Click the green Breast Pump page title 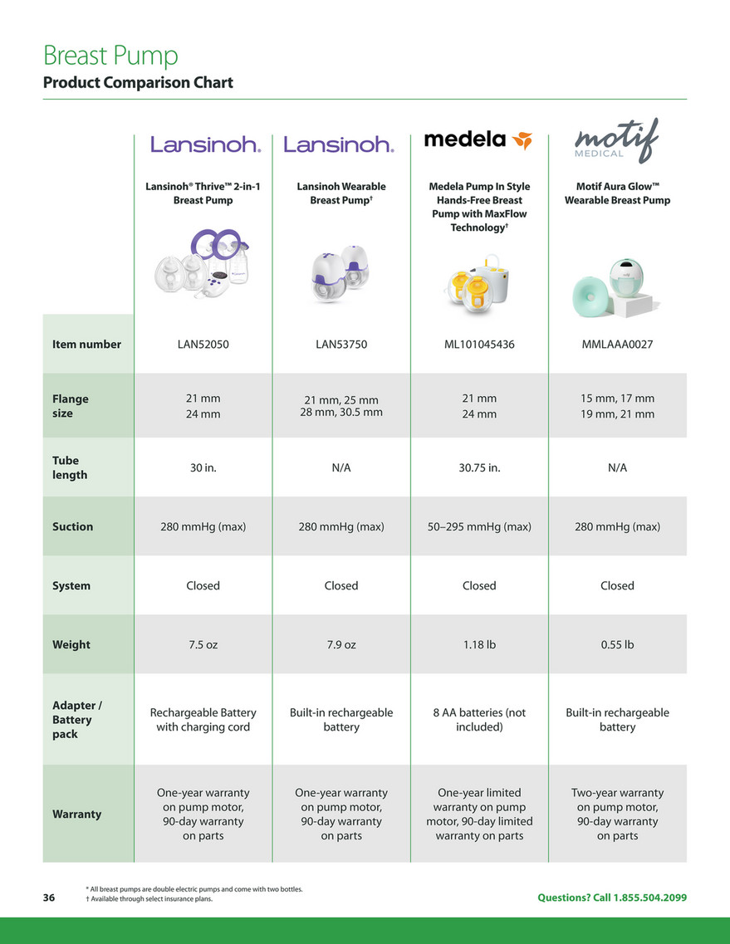tap(110, 56)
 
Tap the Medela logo tap(478, 139)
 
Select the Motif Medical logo tap(617, 141)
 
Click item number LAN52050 tap(203, 344)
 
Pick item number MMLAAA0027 tap(617, 344)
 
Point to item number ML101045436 tap(479, 344)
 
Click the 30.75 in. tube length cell tap(479, 467)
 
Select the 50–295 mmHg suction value tap(479, 526)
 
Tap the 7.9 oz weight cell tap(341, 644)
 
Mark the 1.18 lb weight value tap(479, 644)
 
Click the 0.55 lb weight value tap(617, 644)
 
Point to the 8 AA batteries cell tap(479, 720)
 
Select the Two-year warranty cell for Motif tap(617, 814)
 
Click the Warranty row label tap(76, 814)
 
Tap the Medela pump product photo tap(479, 278)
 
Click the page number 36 tap(49, 898)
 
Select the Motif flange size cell tap(617, 406)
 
